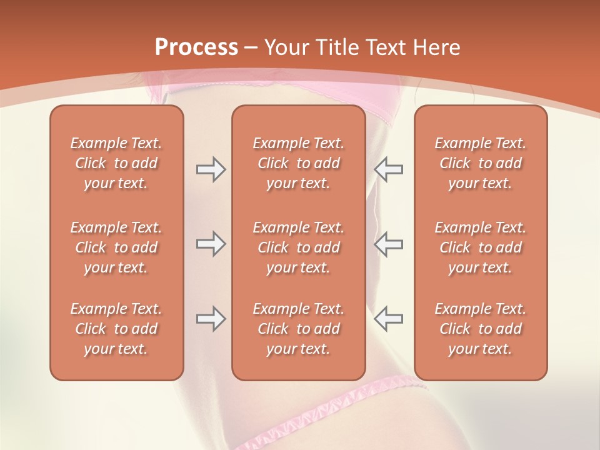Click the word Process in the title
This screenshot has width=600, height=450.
(x=196, y=47)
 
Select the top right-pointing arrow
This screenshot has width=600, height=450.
(x=211, y=169)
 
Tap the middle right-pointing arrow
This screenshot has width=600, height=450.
(x=211, y=244)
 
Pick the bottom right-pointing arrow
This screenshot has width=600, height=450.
(x=211, y=319)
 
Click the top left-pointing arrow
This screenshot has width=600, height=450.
(x=389, y=169)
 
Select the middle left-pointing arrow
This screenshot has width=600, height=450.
(x=389, y=244)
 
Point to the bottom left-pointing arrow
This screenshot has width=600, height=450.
(x=389, y=319)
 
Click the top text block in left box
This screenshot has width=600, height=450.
(x=116, y=163)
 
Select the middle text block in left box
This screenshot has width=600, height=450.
(x=116, y=247)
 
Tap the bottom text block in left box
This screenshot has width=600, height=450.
(x=116, y=329)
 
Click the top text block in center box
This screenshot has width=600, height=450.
(x=298, y=163)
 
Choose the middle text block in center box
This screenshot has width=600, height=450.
(x=298, y=247)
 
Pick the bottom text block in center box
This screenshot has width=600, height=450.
(x=298, y=329)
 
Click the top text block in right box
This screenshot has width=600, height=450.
(x=480, y=163)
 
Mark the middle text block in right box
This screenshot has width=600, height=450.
(x=480, y=247)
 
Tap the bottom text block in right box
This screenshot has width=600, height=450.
(x=480, y=329)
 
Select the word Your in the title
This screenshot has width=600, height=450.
(x=285, y=47)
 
